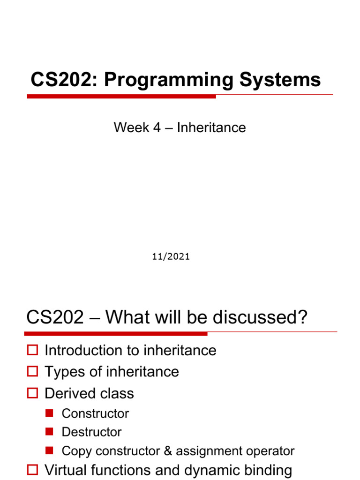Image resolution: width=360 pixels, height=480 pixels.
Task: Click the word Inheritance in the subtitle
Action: pos(211,127)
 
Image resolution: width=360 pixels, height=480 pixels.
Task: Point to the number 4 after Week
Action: pos(157,127)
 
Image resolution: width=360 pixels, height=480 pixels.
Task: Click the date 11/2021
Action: pos(171,256)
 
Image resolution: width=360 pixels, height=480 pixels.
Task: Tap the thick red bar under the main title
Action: pos(121,97)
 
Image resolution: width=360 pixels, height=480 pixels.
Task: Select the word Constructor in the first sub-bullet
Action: pos(95,413)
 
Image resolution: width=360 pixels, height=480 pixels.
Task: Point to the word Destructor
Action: pos(92,432)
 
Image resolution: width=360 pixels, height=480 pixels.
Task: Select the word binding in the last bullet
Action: pos(266,470)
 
